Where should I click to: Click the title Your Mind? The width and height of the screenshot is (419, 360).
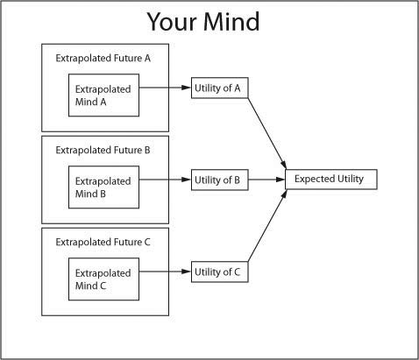[203, 22]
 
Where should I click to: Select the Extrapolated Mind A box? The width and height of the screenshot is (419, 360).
[103, 95]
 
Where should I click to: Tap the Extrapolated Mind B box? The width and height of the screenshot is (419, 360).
[103, 187]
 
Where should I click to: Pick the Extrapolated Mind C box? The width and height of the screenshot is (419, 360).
[103, 279]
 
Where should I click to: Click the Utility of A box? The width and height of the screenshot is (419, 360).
[220, 88]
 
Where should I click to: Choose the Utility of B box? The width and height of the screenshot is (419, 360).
[220, 180]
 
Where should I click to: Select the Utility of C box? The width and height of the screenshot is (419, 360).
[220, 272]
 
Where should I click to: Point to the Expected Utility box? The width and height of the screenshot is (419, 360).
[331, 179]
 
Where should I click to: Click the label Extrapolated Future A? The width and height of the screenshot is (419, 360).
[103, 58]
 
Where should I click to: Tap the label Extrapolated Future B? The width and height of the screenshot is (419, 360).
[103, 150]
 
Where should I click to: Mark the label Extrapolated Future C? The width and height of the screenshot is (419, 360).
[103, 242]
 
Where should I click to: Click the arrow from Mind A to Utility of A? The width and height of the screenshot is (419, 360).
[165, 88]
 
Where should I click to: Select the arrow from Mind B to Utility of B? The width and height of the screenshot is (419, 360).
[165, 180]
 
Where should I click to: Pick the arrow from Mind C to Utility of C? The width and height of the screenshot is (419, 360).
[165, 272]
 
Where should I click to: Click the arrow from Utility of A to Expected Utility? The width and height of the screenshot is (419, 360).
[267, 134]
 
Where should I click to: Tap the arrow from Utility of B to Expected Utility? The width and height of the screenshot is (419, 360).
[266, 180]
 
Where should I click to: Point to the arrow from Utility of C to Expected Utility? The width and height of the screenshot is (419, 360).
[267, 225]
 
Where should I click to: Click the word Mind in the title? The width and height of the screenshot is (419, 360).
[231, 22]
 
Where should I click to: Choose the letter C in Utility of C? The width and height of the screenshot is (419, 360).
[237, 272]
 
